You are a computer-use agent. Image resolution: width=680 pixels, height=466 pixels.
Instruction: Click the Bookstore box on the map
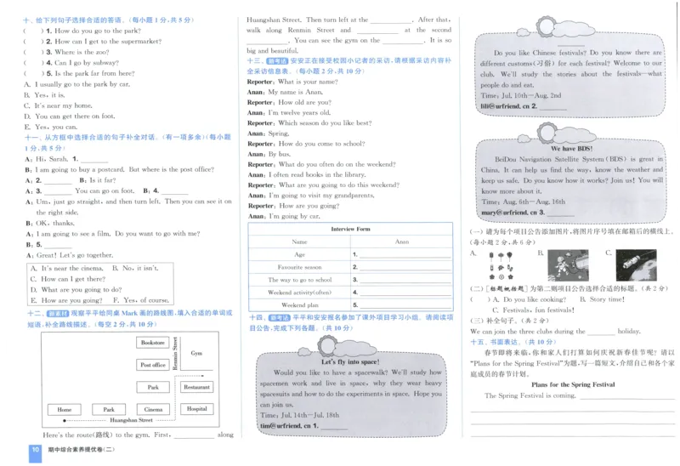[153, 343]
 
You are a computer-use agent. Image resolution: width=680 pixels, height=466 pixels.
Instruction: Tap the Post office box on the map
[153, 365]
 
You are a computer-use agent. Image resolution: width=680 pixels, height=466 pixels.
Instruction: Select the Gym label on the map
[197, 353]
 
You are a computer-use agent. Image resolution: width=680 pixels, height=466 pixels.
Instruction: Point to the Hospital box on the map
[196, 409]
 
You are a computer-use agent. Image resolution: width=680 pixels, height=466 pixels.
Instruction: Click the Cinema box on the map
[153, 409]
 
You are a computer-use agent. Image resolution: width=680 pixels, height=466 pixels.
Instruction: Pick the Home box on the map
[65, 409]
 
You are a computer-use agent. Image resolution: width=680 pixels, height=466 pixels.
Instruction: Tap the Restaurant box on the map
[196, 387]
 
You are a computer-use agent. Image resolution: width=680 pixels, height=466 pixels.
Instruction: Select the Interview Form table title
[350, 229]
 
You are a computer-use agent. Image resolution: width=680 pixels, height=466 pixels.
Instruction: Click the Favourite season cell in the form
[299, 267]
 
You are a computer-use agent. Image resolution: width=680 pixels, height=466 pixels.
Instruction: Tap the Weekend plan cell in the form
[299, 304]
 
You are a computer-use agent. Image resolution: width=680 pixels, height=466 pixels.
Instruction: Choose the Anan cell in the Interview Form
[401, 242]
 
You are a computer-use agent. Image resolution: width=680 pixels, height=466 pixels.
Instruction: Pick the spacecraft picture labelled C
[635, 264]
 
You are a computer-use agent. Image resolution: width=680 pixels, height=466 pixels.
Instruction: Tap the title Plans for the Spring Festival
[575, 384]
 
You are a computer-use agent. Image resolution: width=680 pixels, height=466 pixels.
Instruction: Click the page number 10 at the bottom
[36, 451]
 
